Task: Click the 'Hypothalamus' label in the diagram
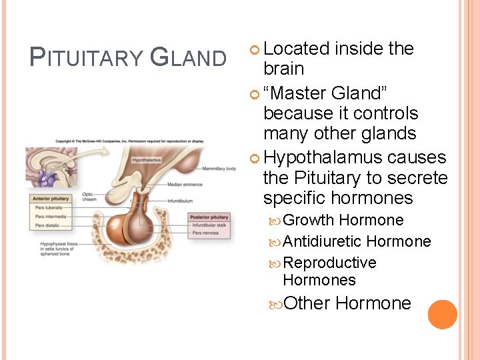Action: pyautogui.click(x=146, y=160)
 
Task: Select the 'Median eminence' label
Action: pyautogui.click(x=185, y=184)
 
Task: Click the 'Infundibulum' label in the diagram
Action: pyautogui.click(x=181, y=199)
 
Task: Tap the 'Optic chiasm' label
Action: pyautogui.click(x=88, y=197)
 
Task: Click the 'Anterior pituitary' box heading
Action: pyautogui.click(x=50, y=199)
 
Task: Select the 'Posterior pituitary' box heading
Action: pyautogui.click(x=209, y=217)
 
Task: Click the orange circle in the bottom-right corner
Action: pyautogui.click(x=442, y=314)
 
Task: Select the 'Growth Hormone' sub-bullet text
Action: pyautogui.click(x=343, y=220)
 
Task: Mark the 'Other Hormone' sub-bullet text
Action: pyautogui.click(x=347, y=303)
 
